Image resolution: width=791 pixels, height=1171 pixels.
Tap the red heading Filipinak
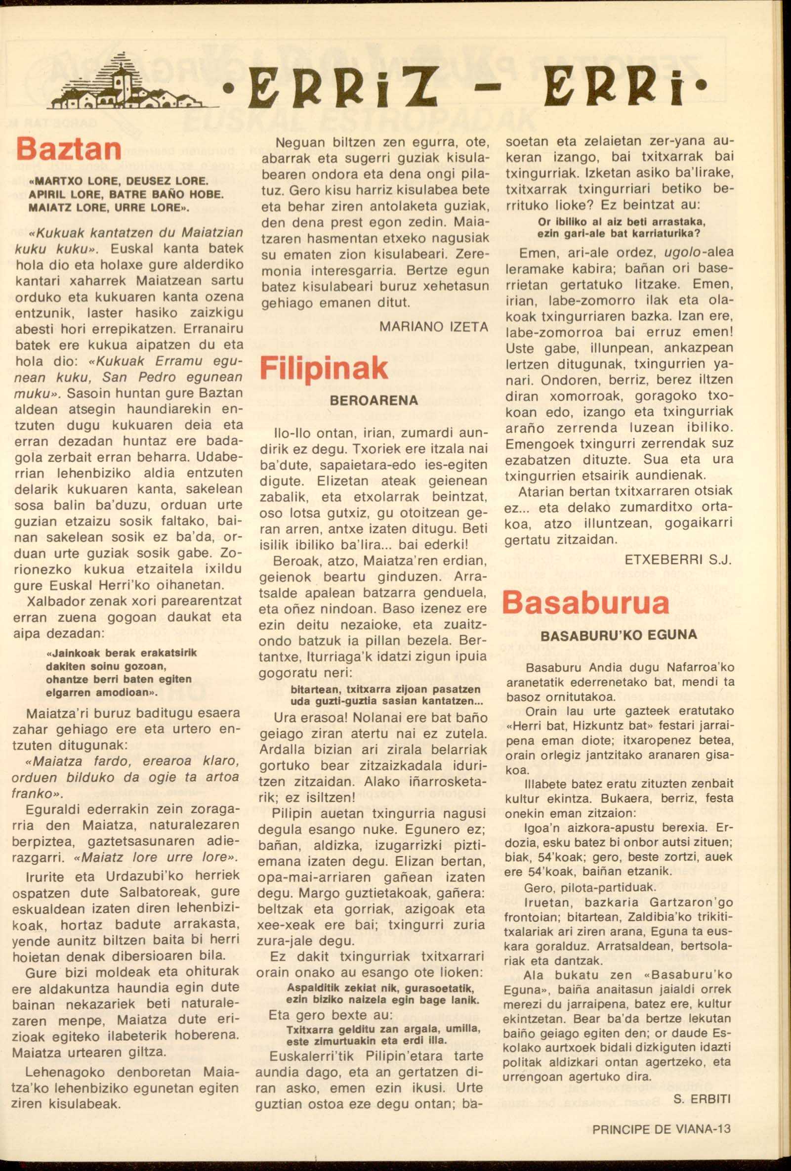pyautogui.click(x=324, y=369)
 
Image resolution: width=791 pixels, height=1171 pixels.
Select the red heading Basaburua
pyautogui.click(x=585, y=603)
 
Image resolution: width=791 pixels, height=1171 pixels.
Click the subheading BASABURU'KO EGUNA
pyautogui.click(x=618, y=635)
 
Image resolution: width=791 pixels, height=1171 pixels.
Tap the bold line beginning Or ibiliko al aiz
pyautogui.click(x=622, y=222)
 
